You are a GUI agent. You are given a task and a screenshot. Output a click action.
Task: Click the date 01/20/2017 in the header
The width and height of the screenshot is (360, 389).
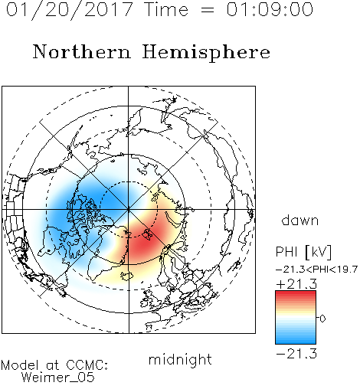[x=70, y=10]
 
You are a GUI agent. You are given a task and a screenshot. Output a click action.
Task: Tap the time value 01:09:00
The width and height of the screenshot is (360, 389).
[x=270, y=9]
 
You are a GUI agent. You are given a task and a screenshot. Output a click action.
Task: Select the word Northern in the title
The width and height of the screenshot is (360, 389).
[x=82, y=51]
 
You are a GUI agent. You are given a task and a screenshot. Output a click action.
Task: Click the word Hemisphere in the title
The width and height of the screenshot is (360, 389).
[x=206, y=53]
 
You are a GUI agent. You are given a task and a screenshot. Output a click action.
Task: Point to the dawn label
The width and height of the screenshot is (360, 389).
[x=300, y=220]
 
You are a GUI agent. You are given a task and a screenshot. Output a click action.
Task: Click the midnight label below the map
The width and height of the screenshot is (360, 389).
[x=180, y=360]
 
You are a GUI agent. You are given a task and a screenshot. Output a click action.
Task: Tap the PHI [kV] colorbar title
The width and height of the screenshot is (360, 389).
[x=303, y=252]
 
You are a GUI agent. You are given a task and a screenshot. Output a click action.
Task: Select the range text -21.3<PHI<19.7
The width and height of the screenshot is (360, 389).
[x=317, y=270]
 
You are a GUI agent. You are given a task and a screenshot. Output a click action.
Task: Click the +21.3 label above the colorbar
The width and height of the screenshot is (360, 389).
[x=296, y=284]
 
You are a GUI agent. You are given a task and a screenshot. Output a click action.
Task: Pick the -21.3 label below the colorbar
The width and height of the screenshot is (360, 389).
[x=296, y=354]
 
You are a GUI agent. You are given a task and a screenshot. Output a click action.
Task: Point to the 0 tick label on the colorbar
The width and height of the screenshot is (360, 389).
[x=322, y=319]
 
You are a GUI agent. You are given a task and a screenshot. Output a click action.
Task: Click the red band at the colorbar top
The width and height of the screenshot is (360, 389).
[x=296, y=295]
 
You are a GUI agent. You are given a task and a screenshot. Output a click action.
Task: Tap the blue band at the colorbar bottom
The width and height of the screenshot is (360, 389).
[x=296, y=339]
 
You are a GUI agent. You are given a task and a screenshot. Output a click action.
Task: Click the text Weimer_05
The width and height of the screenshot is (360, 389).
[x=58, y=378]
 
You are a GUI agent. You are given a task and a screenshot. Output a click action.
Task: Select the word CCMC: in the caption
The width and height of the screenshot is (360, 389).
[x=87, y=365]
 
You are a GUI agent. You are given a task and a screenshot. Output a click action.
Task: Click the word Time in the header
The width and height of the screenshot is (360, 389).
[x=166, y=9]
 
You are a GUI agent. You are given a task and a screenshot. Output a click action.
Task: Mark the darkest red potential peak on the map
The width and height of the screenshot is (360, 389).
[x=144, y=244]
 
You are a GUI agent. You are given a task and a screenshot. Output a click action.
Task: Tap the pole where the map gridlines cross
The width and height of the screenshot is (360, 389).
[x=129, y=210]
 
